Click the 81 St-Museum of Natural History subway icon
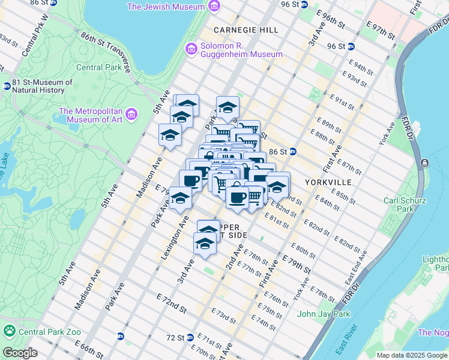click(7, 86)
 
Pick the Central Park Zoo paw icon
click(10, 330)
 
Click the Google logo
click(20, 353)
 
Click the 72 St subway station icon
click(190, 338)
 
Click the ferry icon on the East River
click(425, 163)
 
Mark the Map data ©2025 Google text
click(411, 355)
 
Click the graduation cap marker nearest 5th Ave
click(170, 134)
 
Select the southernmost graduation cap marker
click(204, 243)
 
